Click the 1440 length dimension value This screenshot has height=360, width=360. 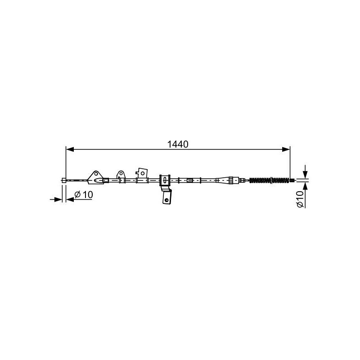click(x=178, y=144)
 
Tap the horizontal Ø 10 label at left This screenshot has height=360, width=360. click(x=84, y=195)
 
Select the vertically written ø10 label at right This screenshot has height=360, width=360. click(x=300, y=199)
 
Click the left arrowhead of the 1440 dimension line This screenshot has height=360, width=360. click(x=70, y=149)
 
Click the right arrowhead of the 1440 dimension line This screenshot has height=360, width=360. click(x=286, y=149)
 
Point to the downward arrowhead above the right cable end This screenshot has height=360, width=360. click(x=305, y=175)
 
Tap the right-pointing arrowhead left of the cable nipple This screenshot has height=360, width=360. click(x=58, y=199)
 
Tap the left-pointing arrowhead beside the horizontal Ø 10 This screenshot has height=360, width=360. click(x=70, y=199)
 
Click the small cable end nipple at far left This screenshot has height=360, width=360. click(x=64, y=180)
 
